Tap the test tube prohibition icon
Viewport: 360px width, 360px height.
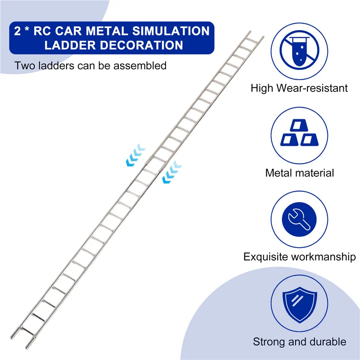coord(299,50)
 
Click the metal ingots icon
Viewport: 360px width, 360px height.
coord(299,134)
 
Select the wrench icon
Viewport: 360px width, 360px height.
coord(299,218)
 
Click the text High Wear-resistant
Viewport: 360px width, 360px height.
coord(299,88)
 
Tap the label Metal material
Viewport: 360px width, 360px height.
coord(299,172)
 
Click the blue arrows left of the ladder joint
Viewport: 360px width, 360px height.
coord(135,153)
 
